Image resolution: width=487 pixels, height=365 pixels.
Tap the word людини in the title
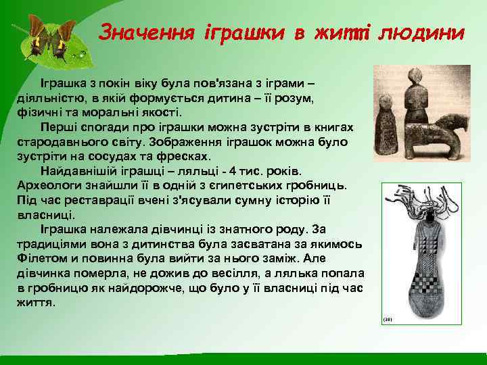click(422, 33)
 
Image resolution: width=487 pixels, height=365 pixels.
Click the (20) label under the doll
click(388, 318)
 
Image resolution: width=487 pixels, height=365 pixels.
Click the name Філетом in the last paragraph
click(38, 258)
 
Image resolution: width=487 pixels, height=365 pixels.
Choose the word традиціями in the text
click(47, 243)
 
